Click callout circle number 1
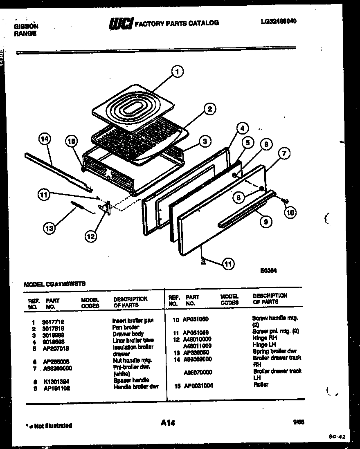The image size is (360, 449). point(177,72)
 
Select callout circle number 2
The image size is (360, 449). point(209,109)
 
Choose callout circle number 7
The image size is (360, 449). point(284,153)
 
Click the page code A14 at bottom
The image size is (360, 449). point(168,423)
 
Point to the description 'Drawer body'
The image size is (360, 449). point(128,334)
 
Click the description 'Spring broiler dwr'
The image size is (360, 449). point(274,351)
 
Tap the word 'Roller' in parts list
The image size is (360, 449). point(261,385)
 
